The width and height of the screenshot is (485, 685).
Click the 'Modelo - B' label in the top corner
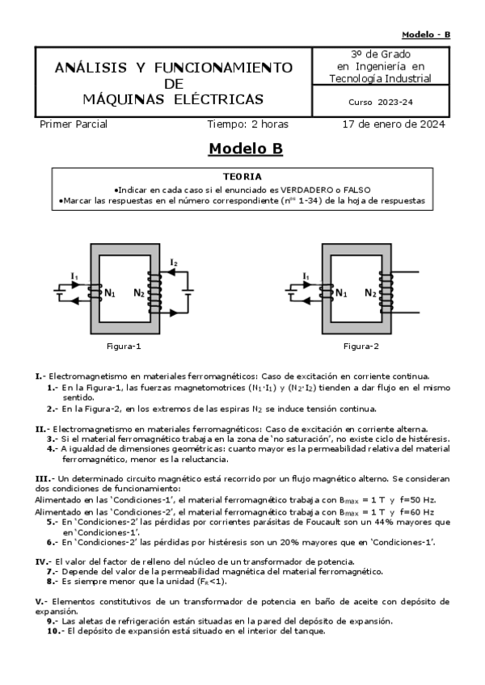(426, 35)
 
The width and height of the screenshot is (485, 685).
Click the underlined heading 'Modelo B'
(246, 149)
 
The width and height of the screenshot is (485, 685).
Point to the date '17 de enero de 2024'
(394, 124)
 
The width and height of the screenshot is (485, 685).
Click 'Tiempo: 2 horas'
(247, 124)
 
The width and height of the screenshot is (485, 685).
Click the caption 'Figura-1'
(124, 346)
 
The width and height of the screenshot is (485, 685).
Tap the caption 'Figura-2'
(361, 346)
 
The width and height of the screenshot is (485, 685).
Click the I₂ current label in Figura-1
(174, 263)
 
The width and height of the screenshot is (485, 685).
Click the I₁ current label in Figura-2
(306, 276)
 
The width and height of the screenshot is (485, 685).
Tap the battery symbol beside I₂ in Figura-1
(188, 290)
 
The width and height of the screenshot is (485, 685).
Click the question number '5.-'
(52, 522)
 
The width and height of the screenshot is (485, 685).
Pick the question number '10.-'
(53, 632)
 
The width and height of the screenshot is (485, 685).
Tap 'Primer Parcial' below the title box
(74, 124)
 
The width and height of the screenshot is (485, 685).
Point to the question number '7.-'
(52, 571)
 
